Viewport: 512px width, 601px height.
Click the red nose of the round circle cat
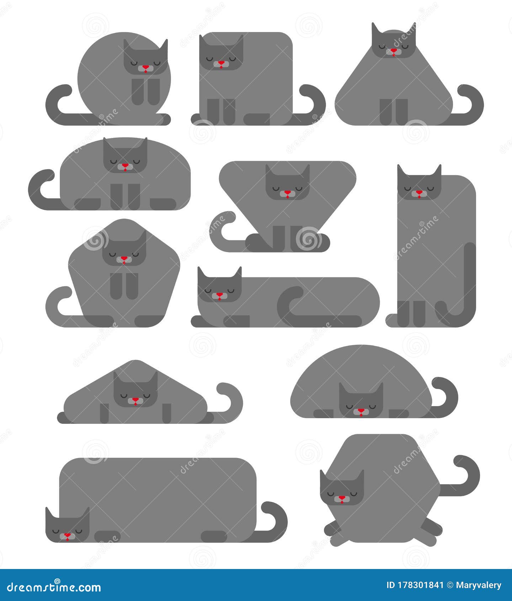[x=145, y=67]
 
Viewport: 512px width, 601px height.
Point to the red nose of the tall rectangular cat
[x=419, y=192]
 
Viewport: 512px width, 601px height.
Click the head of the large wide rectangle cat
[x=68, y=527]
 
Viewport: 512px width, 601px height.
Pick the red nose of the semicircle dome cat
[x=361, y=410]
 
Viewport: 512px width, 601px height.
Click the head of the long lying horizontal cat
[x=219, y=287]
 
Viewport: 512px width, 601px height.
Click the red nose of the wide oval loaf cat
[x=125, y=165]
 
